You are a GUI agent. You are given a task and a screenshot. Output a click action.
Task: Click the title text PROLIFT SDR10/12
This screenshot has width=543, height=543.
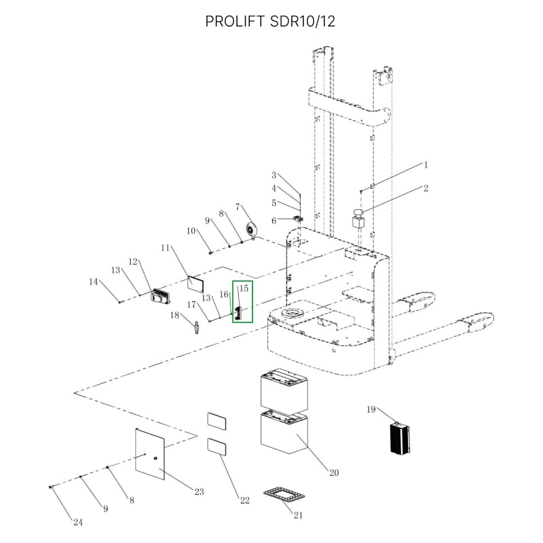270,22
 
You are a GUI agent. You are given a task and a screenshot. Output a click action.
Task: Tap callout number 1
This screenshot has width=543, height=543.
426,165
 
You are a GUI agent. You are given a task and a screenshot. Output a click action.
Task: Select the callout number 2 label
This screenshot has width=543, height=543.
426,189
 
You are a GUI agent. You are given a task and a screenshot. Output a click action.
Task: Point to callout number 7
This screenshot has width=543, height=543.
238,206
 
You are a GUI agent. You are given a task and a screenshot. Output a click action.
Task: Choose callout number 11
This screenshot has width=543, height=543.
164,248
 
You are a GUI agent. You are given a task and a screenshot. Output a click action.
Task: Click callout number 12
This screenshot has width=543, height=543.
134,261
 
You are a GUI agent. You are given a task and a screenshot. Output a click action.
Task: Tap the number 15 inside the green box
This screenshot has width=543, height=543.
244,288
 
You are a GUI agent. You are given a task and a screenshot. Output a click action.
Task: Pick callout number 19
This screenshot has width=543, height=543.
371,409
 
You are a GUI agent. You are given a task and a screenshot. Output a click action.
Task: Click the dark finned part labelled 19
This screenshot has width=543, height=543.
398,438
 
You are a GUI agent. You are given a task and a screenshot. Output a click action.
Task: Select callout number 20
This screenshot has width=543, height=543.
334,473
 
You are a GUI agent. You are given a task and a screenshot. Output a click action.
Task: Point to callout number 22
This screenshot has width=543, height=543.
244,501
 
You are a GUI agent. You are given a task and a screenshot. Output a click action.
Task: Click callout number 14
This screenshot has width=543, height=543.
94,281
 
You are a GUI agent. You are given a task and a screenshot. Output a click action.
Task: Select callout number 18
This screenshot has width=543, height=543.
174,315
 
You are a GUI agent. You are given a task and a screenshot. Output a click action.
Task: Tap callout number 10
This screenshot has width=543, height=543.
191,231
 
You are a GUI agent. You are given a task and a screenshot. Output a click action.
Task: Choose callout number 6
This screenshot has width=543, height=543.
274,221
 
